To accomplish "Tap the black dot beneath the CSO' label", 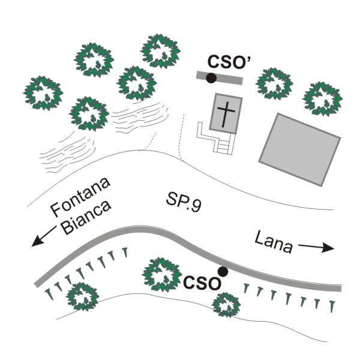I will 211,78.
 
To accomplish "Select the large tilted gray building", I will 299,148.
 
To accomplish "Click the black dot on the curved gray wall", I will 223,272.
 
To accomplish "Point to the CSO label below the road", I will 202,283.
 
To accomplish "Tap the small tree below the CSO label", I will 226,305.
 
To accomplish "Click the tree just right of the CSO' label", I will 275,83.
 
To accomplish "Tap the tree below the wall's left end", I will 82,296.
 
